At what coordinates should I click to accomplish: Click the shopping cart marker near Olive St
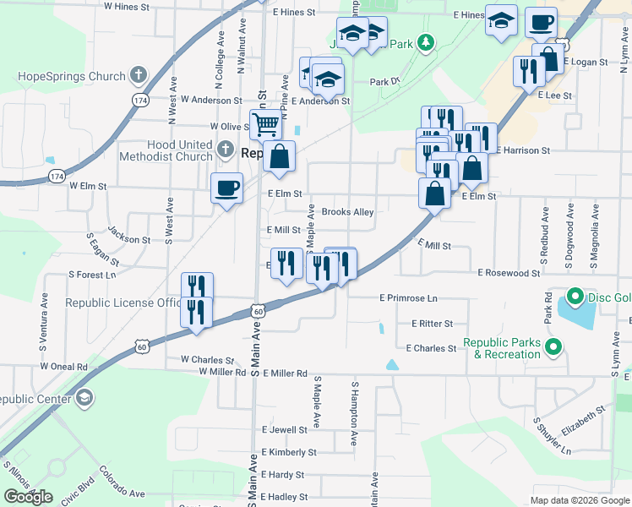(265, 125)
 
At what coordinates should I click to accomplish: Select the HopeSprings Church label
(71, 76)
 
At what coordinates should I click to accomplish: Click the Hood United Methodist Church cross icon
(224, 150)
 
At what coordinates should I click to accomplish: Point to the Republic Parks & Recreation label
(501, 349)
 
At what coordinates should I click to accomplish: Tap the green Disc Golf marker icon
(575, 297)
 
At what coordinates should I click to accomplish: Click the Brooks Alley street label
(347, 212)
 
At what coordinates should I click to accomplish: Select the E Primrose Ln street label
(409, 297)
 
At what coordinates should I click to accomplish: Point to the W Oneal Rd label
(63, 367)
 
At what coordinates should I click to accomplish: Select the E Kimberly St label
(289, 452)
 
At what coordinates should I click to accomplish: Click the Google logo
(28, 496)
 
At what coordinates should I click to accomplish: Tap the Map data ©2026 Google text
(579, 500)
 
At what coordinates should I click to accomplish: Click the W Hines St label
(126, 6)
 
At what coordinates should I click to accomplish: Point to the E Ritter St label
(432, 324)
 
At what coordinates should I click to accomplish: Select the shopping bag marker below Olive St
(279, 157)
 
